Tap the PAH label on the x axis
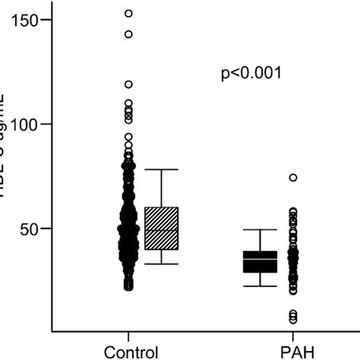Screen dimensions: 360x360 pos(293,352)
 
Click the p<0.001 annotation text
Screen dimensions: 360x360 pos(251,74)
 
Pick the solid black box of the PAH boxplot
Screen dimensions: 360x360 pos(260,261)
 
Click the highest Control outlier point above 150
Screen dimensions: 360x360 pos(129,13)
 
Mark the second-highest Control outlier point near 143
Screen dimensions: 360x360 pos(129,34)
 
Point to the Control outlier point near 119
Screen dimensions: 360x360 pos(129,84)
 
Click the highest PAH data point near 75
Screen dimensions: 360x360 pos(293,178)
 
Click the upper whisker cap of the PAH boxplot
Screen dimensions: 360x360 pos(260,229)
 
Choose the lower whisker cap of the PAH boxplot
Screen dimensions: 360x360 pos(260,286)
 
